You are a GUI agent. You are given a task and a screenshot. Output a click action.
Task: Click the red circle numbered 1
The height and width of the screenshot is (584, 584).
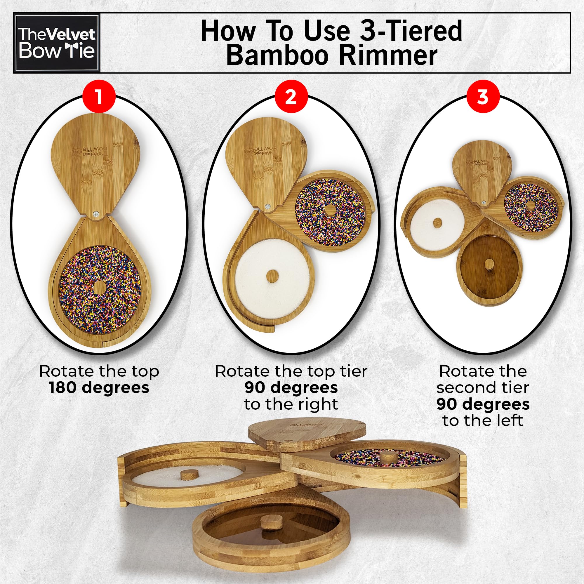99,98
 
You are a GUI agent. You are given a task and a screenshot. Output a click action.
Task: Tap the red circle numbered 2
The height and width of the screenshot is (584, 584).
291,98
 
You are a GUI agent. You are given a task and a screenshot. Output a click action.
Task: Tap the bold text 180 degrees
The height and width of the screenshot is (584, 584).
99,388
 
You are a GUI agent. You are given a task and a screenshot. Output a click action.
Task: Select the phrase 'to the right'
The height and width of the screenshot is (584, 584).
291,404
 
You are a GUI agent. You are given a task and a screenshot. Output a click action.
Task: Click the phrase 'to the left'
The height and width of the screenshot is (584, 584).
483,421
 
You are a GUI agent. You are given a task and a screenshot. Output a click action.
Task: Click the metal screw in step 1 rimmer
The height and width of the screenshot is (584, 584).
96,214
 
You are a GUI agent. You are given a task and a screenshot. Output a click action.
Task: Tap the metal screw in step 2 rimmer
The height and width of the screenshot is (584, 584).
267,207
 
